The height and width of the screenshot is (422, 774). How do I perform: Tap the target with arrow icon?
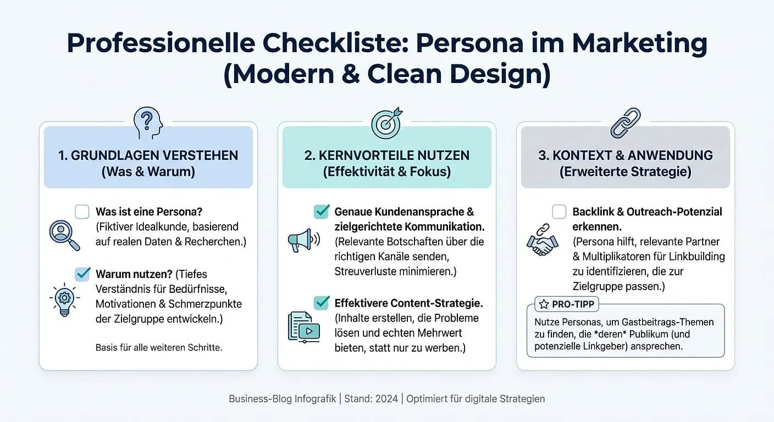click(386, 123)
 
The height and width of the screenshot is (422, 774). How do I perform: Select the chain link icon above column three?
click(625, 123)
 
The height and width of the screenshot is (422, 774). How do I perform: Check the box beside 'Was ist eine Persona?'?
click(82, 212)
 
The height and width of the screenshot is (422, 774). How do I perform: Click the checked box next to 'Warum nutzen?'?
click(82, 274)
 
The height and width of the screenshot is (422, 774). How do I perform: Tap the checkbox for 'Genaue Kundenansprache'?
click(321, 212)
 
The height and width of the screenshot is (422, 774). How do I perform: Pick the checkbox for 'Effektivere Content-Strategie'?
click(321, 303)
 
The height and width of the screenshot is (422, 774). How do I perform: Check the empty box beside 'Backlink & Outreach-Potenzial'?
click(559, 212)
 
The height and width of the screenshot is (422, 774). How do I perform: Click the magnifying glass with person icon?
click(64, 235)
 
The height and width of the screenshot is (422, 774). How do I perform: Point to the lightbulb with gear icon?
click(64, 299)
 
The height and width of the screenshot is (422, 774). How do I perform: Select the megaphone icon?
click(303, 240)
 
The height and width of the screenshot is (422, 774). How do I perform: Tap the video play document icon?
click(303, 327)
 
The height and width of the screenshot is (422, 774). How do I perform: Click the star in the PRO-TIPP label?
click(544, 304)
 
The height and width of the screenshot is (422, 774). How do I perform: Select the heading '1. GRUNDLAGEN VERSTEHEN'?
click(148, 155)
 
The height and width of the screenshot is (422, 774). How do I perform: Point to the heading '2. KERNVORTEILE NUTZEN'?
click(386, 155)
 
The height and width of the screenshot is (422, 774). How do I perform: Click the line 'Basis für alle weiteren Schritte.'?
click(159, 347)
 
